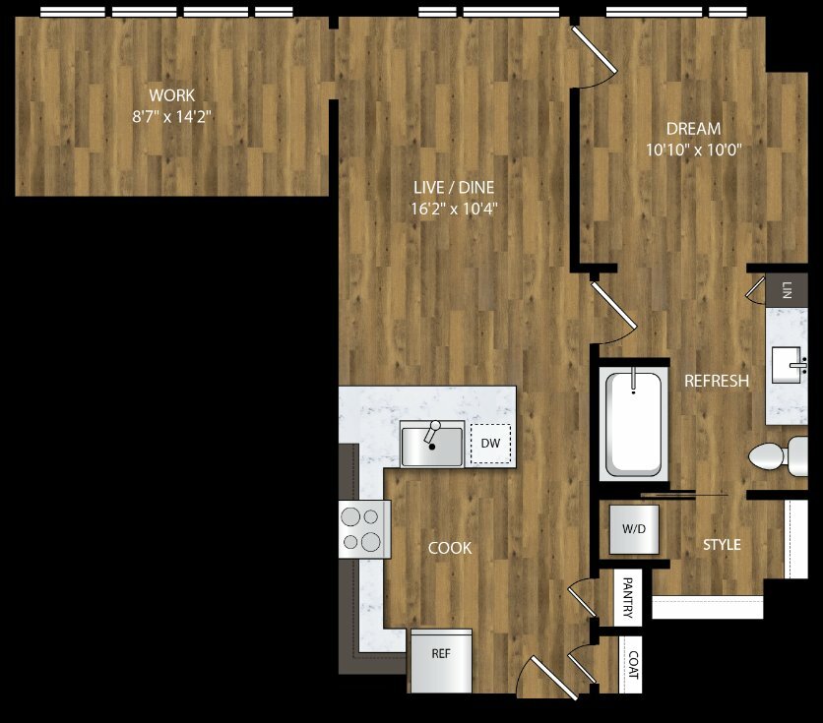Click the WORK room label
click(x=171, y=95)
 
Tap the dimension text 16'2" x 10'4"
click(x=454, y=210)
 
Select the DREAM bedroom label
click(x=693, y=129)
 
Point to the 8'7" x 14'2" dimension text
click(x=171, y=116)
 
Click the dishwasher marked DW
click(x=491, y=444)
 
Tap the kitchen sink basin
click(x=432, y=445)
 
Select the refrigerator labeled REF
click(x=441, y=661)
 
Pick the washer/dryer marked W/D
click(x=634, y=529)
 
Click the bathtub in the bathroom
click(x=634, y=424)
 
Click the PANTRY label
click(x=628, y=597)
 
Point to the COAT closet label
click(x=634, y=664)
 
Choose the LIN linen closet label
click(x=787, y=290)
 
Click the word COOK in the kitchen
click(x=450, y=548)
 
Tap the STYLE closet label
click(x=722, y=545)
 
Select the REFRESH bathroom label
click(x=717, y=381)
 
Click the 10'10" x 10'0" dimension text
click(x=693, y=150)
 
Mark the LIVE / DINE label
click(x=454, y=187)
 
